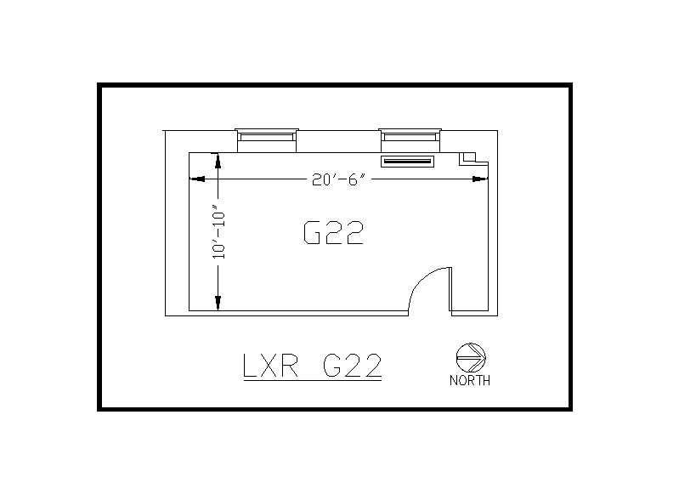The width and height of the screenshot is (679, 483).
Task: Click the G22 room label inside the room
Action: [333, 232]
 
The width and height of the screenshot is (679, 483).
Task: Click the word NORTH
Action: [469, 381]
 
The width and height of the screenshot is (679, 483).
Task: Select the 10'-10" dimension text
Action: [219, 231]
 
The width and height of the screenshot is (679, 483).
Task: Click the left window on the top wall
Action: [266, 136]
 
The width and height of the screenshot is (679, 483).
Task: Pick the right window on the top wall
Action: [410, 136]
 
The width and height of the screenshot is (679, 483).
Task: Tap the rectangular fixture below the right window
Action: [408, 161]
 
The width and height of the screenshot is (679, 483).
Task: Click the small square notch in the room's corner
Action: [468, 157]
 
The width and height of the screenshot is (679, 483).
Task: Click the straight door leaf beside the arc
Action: [450, 289]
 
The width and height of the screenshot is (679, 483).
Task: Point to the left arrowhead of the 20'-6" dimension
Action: [196, 179]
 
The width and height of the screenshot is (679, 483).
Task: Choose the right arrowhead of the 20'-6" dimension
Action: [480, 179]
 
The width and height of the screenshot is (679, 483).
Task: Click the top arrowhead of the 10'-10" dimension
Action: [218, 160]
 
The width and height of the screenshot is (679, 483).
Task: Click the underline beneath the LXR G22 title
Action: [311, 382]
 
